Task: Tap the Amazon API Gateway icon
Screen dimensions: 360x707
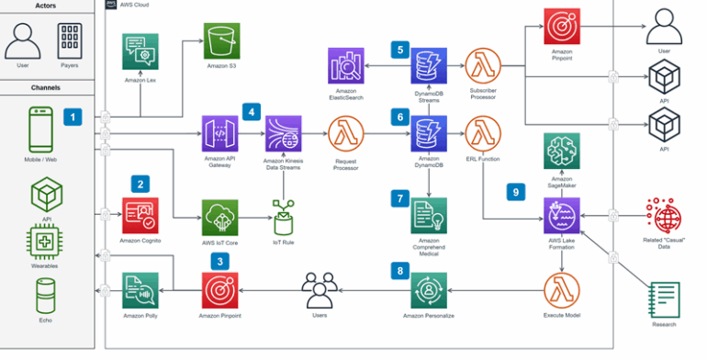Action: pyautogui.click(x=219, y=134)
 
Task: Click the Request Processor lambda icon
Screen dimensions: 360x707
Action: pyautogui.click(x=346, y=134)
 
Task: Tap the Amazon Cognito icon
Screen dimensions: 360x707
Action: pyautogui.click(x=140, y=215)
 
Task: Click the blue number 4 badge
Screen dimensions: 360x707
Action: pyautogui.click(x=250, y=111)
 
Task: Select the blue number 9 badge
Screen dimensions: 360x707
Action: pyautogui.click(x=516, y=192)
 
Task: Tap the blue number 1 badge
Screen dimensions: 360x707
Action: pyautogui.click(x=72, y=117)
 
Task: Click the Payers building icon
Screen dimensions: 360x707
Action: pyautogui.click(x=70, y=39)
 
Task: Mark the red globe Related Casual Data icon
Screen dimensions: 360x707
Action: pyautogui.click(x=663, y=217)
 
